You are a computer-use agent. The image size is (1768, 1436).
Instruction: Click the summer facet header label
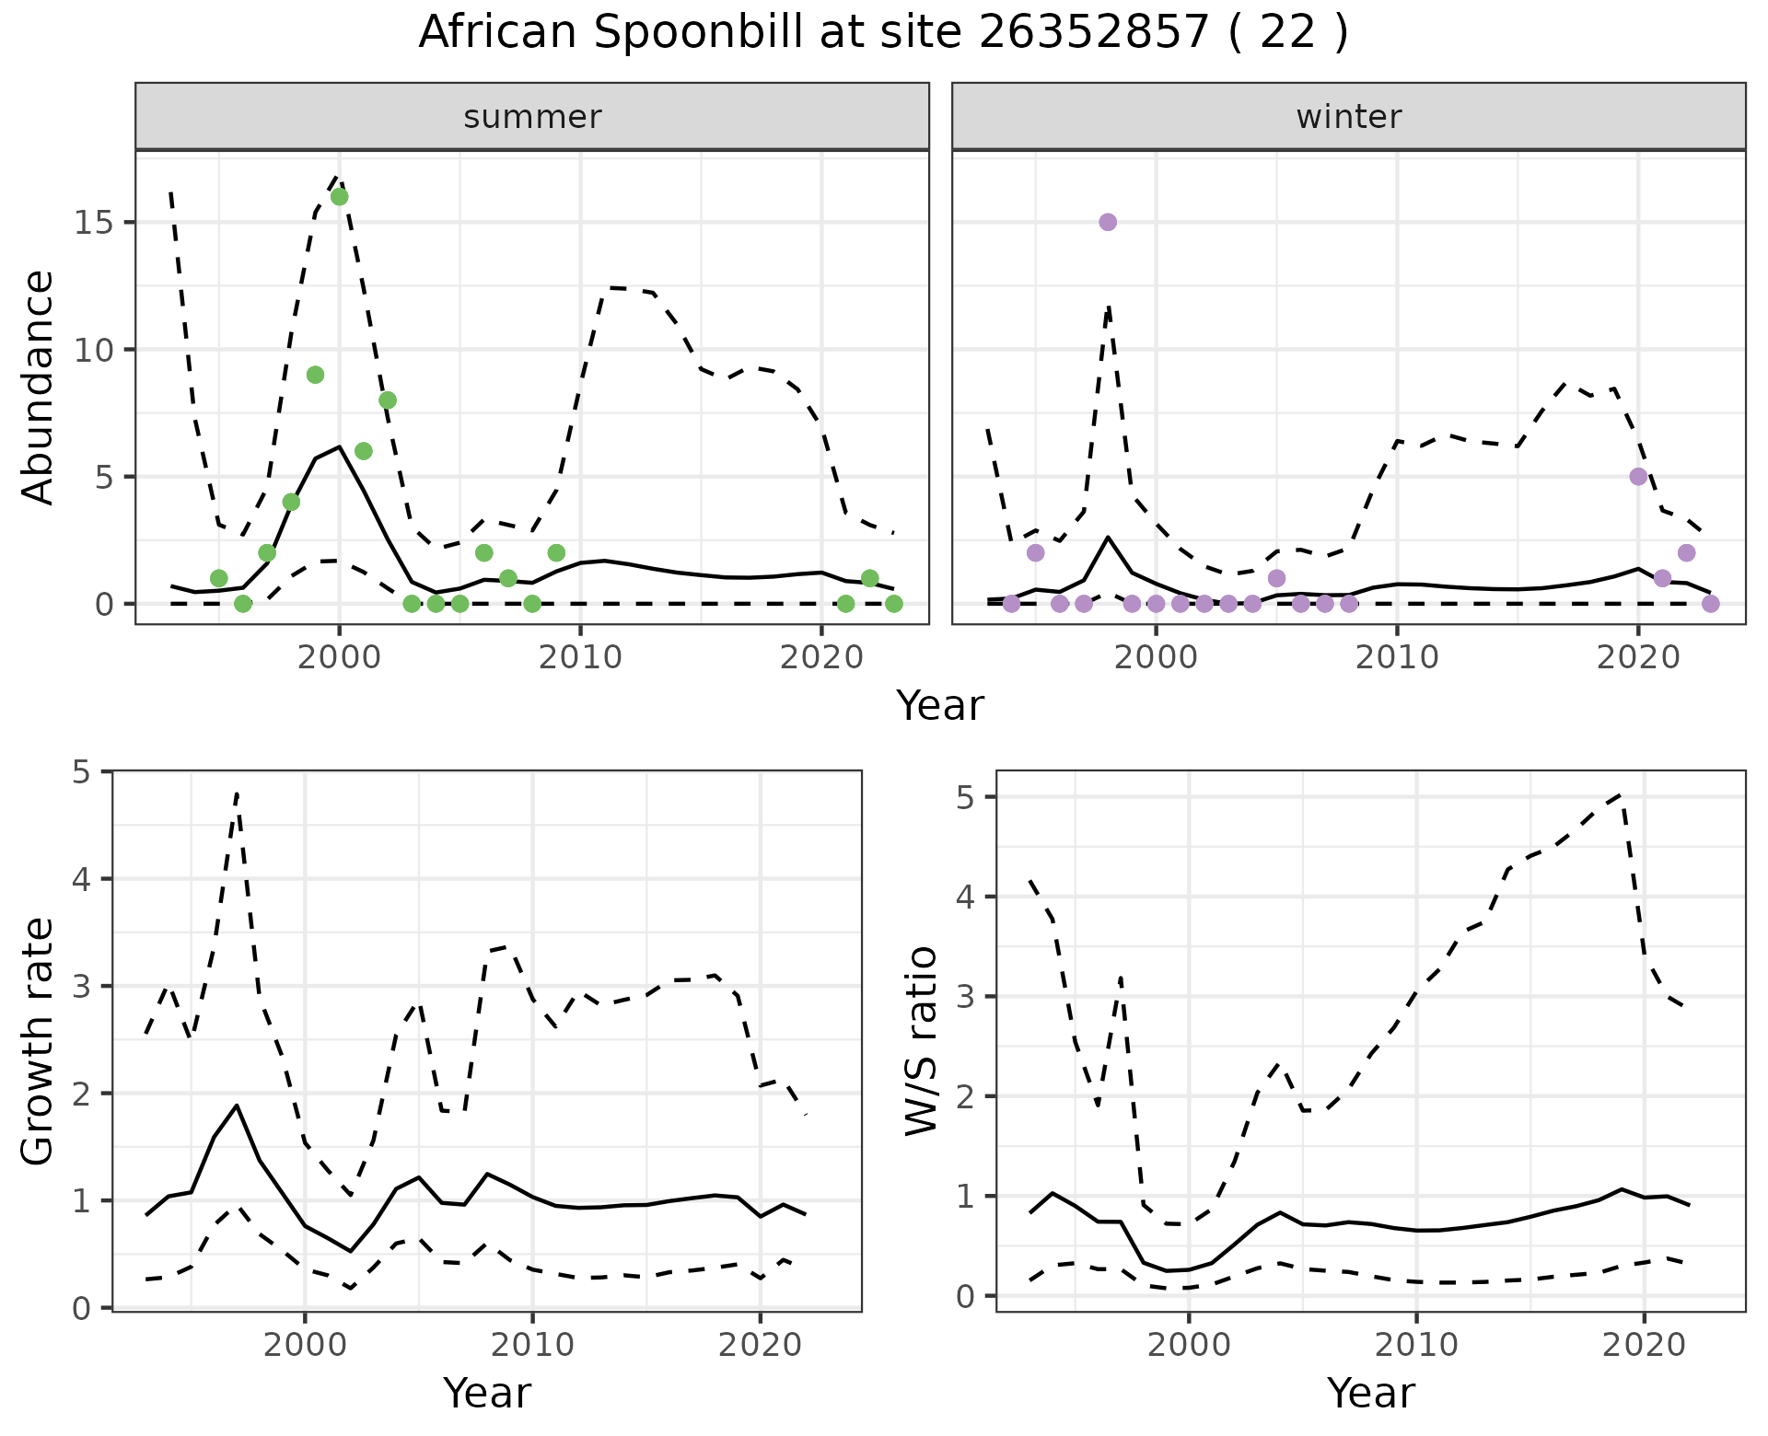pos(532,117)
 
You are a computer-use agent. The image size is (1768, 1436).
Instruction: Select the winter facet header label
pos(1348,117)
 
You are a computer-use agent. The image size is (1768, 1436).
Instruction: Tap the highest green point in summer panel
pos(339,197)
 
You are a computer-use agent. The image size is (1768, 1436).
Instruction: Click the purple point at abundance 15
pos(1108,222)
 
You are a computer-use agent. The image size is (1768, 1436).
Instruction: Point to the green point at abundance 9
pos(315,375)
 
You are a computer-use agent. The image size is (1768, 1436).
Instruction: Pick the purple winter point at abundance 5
pos(1638,476)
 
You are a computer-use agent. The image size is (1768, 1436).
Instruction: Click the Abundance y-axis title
pos(39,387)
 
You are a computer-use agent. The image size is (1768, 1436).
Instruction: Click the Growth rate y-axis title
pos(39,1040)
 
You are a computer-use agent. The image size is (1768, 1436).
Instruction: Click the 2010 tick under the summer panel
pos(580,657)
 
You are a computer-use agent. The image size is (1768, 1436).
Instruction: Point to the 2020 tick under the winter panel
pos(1638,657)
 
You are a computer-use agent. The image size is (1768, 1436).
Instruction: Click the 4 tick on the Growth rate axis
pos(84,879)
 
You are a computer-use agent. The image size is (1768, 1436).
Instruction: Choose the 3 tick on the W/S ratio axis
pos(966,997)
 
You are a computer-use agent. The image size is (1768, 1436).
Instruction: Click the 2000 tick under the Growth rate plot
pos(305,1345)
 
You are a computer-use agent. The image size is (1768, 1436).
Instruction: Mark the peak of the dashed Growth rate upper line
pos(237,793)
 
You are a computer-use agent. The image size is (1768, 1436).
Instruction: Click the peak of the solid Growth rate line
pos(237,1105)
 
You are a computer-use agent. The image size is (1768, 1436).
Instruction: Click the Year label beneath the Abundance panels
pos(939,706)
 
